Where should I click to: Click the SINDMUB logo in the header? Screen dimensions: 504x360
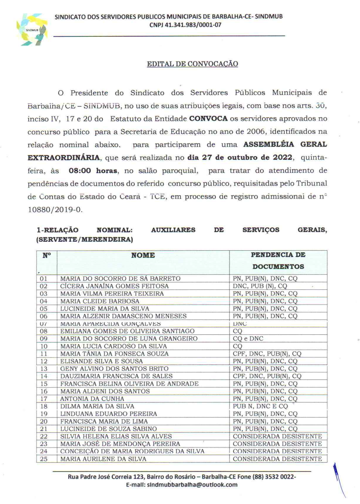32,30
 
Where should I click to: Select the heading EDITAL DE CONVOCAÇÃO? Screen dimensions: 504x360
192,64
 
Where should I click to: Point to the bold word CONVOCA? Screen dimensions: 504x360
208,119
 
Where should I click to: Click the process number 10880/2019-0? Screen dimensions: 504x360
55,209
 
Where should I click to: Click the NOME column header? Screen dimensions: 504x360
143,255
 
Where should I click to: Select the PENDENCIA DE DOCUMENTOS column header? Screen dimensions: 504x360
278,260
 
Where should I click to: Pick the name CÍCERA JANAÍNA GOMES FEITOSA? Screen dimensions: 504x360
114,286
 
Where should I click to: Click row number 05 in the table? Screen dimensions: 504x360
44,309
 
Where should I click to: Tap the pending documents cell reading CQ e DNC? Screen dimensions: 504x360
248,338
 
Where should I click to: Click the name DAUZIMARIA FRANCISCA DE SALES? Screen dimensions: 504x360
116,376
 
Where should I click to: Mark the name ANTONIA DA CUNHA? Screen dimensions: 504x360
92,399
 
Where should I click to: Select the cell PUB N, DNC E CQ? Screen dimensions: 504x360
260,406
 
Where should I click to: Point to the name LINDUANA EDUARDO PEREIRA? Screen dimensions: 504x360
108,414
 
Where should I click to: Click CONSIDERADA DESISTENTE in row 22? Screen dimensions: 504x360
277,436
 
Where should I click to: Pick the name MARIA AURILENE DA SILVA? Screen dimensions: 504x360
103,459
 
